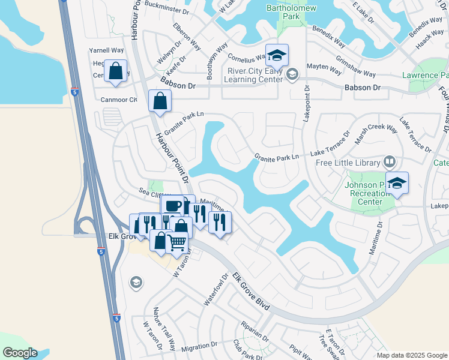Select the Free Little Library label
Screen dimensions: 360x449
click(x=348, y=163)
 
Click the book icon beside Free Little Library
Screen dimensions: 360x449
click(x=389, y=162)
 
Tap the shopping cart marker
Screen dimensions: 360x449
click(x=176, y=242)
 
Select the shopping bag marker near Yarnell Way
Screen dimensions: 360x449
click(x=115, y=71)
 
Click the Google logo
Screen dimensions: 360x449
click(x=20, y=353)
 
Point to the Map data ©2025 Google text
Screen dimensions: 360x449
click(x=412, y=355)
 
